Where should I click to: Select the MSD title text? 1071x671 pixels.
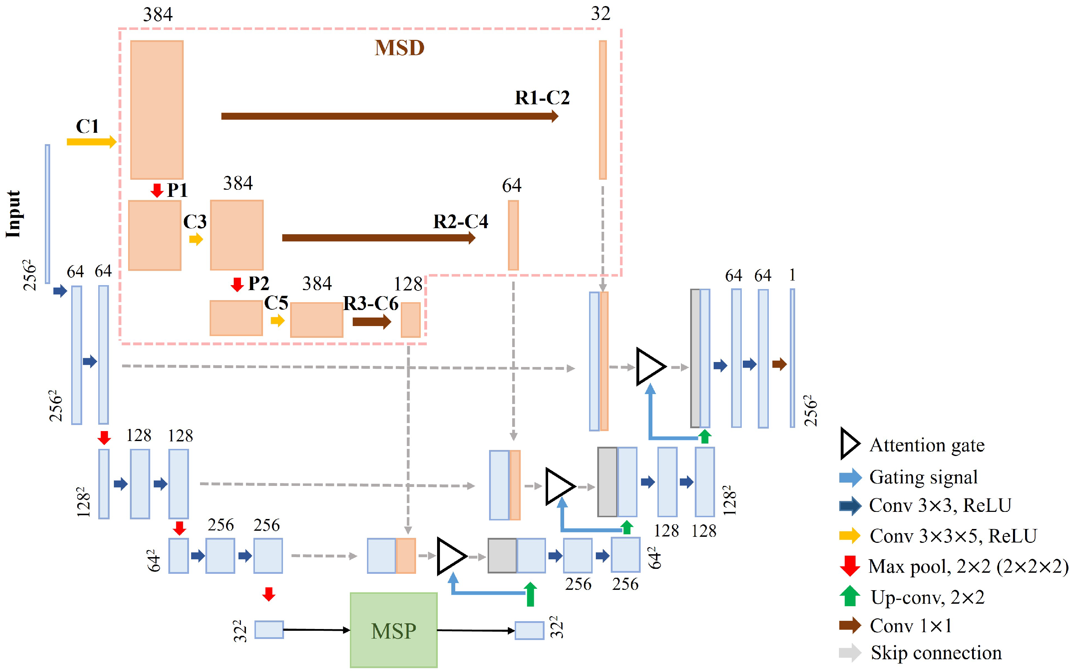click(x=399, y=48)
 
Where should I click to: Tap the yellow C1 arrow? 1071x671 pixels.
click(x=91, y=142)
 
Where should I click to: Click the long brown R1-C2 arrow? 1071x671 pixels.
click(x=389, y=116)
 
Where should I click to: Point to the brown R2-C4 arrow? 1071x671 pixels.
click(x=378, y=238)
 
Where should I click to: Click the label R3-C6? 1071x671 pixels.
click(x=371, y=304)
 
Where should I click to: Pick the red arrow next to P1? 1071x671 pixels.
click(x=157, y=190)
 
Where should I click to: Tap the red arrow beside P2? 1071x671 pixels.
click(x=237, y=284)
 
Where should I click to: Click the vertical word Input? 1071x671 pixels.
click(x=13, y=214)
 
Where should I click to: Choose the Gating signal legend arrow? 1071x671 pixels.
click(x=850, y=477)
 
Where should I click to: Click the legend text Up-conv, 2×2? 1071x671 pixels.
click(x=927, y=597)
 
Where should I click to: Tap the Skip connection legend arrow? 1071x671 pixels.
click(x=850, y=653)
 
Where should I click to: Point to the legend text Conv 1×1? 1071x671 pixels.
click(x=910, y=626)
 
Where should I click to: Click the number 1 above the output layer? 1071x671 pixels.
click(x=792, y=275)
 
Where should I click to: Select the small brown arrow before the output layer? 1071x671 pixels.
click(x=779, y=365)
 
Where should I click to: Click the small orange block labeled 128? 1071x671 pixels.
click(x=410, y=320)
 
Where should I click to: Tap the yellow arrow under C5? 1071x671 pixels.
click(x=277, y=320)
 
